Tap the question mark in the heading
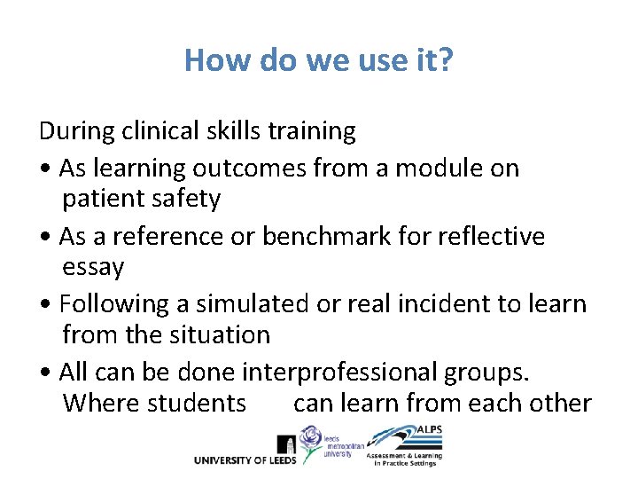(446, 59)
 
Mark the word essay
(93, 267)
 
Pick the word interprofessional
(350, 372)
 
